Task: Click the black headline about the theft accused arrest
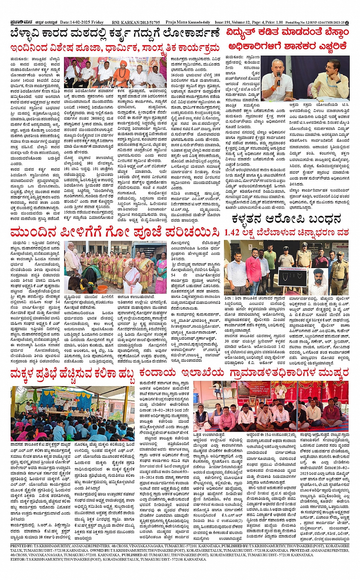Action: click(286, 219)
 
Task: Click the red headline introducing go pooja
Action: click(115, 232)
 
